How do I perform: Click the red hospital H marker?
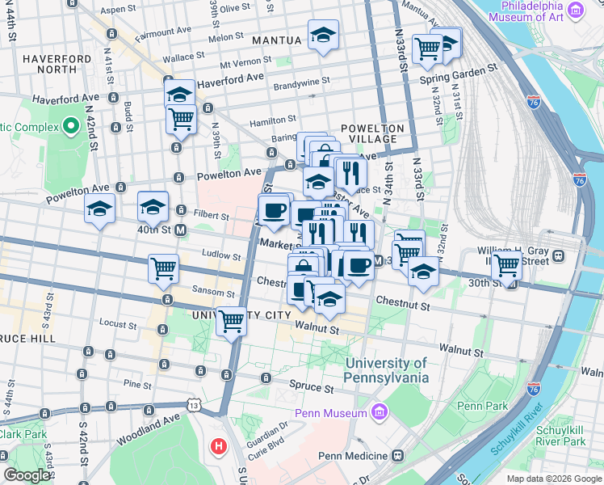click(x=217, y=445)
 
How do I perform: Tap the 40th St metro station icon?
click(x=181, y=230)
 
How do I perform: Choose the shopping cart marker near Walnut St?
click(x=232, y=322)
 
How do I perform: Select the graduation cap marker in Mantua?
click(x=323, y=36)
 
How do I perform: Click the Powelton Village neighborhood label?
click(x=371, y=134)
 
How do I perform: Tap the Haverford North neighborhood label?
click(x=57, y=64)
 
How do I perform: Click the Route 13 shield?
click(x=193, y=404)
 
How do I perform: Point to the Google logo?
click(x=27, y=475)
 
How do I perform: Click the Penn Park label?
click(x=481, y=405)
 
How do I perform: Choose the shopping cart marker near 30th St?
click(x=507, y=264)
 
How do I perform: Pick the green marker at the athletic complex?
click(x=70, y=126)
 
